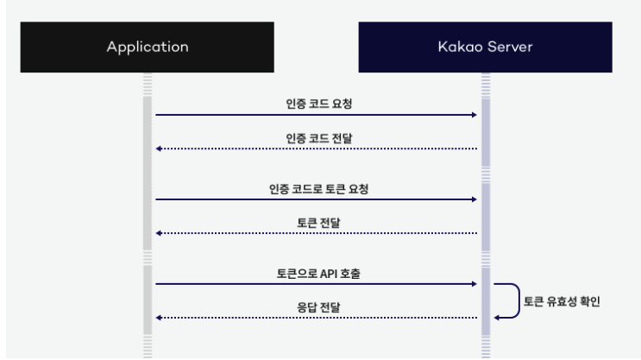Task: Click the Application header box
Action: point(147,47)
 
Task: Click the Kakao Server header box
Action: point(485,47)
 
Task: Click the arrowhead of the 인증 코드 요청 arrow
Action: point(474,114)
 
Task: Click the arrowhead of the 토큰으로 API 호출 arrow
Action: point(474,283)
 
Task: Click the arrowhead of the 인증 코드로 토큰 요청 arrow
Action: point(474,199)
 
